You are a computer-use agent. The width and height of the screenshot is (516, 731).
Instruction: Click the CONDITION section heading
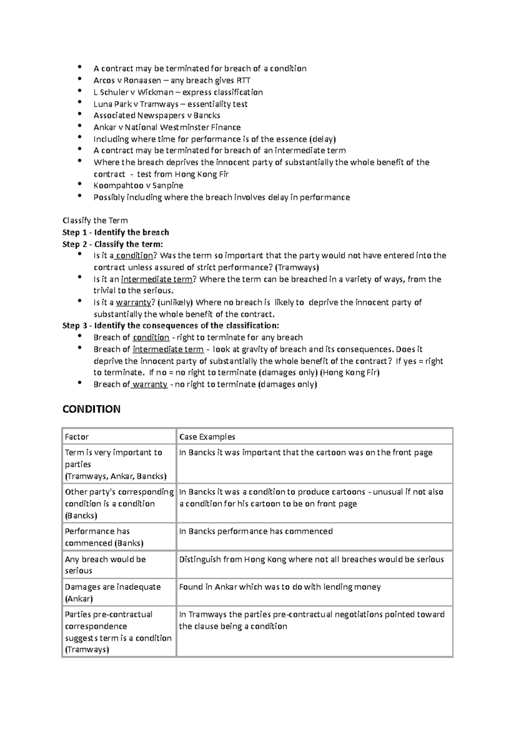coord(91,409)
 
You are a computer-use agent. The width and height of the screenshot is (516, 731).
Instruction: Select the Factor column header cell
coord(77,437)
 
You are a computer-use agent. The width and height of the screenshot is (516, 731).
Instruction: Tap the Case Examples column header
coord(207,437)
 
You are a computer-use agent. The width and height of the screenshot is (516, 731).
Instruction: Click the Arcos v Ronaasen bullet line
coord(172,80)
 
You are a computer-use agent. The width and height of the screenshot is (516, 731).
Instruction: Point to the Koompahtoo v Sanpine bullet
coord(138,186)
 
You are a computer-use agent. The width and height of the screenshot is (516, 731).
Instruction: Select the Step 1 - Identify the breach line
coord(116,232)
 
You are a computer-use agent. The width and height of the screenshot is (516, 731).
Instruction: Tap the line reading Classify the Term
coord(95,220)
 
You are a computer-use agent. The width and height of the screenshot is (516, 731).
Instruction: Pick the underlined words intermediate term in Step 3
coord(168,349)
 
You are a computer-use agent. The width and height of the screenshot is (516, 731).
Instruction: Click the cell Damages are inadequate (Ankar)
coord(113,592)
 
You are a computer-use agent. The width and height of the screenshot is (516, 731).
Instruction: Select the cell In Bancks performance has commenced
coord(256,531)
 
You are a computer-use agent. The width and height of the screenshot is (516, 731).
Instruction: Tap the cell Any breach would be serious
coord(105,565)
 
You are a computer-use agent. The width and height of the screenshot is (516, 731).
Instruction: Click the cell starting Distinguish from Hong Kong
coord(311,559)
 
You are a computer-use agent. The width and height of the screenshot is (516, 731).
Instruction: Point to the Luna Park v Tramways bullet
coord(170,104)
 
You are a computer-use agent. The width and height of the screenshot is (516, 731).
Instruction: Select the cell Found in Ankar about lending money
coord(279,587)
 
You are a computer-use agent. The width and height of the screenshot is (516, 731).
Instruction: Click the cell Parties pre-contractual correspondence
coord(118,632)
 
